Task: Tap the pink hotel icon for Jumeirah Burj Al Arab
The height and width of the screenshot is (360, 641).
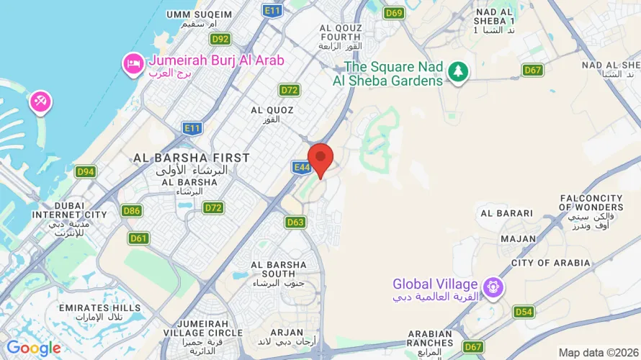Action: (x=133, y=63)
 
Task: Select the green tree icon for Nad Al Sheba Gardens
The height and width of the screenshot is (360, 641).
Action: (x=457, y=71)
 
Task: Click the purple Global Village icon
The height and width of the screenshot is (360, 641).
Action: (x=493, y=287)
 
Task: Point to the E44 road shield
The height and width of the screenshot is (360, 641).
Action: (x=302, y=167)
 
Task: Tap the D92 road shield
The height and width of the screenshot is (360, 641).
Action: (x=220, y=39)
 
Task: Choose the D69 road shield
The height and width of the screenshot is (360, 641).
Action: (x=394, y=13)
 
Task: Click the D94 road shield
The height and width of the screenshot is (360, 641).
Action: (x=86, y=171)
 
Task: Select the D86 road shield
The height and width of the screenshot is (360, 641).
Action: (x=132, y=210)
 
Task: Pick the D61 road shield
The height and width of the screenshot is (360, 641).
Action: (x=139, y=238)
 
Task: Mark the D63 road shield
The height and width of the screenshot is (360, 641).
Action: (x=295, y=222)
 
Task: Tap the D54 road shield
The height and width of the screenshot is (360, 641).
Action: (x=524, y=312)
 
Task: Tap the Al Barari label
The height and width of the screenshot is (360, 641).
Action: (x=506, y=213)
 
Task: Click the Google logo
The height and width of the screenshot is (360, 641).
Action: (x=34, y=348)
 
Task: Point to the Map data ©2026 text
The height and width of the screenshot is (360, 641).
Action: (x=597, y=352)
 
